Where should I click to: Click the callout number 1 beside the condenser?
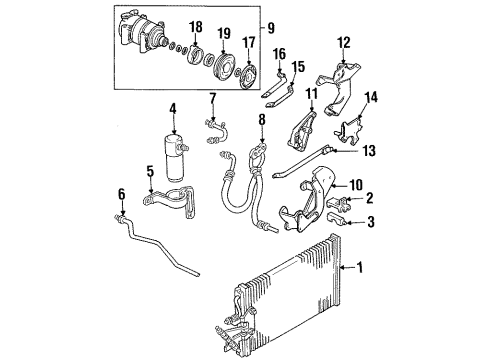click(361, 268)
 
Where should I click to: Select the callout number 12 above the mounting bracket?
click(346, 43)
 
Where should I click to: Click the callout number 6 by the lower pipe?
click(151, 171)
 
